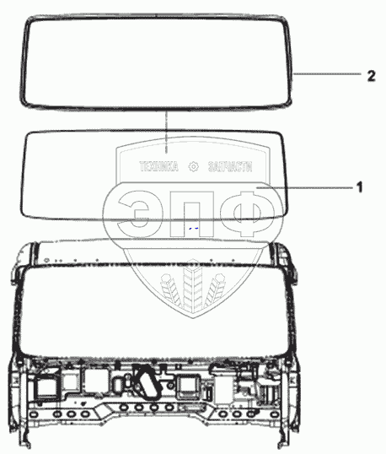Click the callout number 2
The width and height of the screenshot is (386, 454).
(x=372, y=76)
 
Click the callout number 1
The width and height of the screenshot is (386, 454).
(x=359, y=187)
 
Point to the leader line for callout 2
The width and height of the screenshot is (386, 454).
(x=327, y=74)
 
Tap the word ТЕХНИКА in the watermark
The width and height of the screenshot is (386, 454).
(x=158, y=166)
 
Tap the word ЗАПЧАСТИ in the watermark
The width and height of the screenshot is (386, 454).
(x=230, y=166)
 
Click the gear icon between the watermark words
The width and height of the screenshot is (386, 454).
(x=194, y=166)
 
